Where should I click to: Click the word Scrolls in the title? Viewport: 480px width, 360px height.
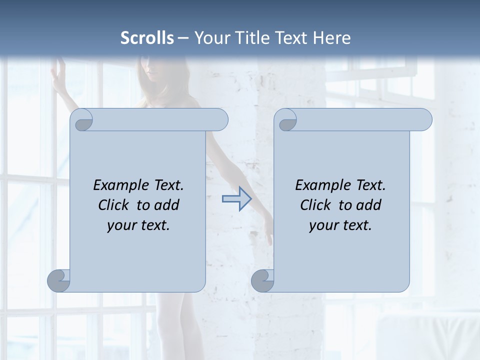tap(147, 38)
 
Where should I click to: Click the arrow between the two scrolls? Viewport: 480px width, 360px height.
tap(236, 199)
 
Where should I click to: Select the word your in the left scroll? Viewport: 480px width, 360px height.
tap(121, 225)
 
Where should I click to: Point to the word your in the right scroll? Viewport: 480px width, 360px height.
tap(323, 225)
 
